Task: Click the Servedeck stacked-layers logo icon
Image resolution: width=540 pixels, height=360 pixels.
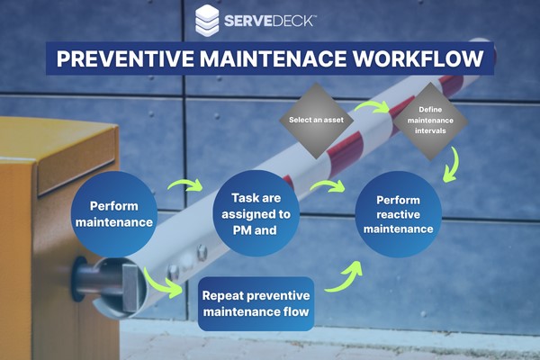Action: [x=207, y=21]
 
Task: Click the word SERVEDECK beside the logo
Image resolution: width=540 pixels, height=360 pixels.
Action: [x=268, y=21]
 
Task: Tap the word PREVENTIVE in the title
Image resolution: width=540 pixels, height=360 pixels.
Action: [x=125, y=58]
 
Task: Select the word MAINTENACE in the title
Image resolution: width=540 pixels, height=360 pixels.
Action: [x=273, y=58]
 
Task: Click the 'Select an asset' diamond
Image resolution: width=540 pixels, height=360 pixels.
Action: [x=316, y=121]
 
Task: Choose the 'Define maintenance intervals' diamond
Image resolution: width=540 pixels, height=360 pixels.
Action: [x=430, y=121]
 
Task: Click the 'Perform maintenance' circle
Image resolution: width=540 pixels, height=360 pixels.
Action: [x=114, y=214]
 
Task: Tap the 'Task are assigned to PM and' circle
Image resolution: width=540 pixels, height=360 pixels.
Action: [x=256, y=213]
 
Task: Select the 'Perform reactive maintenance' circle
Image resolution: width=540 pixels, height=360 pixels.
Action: [x=398, y=214]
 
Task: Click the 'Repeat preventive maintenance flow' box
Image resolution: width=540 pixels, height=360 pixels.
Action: [x=256, y=303]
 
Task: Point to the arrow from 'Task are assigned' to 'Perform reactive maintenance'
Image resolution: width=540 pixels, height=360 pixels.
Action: [x=328, y=184]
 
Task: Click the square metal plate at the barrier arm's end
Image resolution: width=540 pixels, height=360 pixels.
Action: [x=130, y=287]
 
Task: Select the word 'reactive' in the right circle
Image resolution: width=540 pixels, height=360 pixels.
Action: [x=398, y=214]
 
